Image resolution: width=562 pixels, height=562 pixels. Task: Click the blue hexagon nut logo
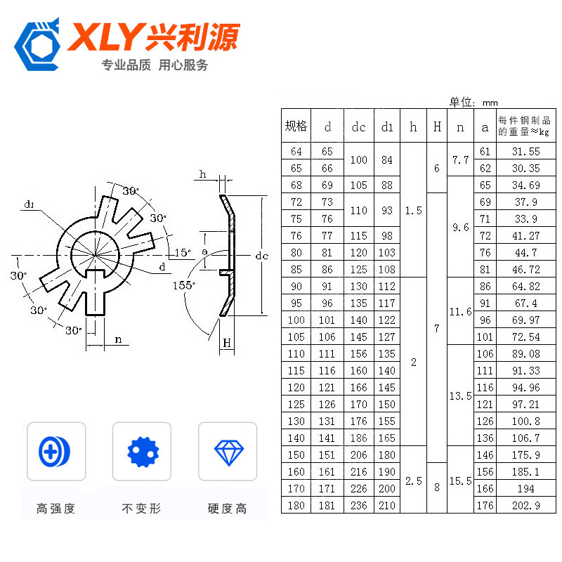pos(37,45)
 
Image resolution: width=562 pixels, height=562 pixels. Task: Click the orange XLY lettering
pos(106,37)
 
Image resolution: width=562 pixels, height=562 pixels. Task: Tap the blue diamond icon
pos(229,452)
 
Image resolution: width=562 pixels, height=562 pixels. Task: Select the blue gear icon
pos(143,452)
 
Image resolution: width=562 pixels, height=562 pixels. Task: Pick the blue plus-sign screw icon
pos(55,452)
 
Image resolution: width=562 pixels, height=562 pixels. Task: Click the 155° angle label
pos(184,285)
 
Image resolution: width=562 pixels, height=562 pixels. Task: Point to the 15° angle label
pos(183,252)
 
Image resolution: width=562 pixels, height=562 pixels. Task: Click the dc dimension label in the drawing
pos(261,256)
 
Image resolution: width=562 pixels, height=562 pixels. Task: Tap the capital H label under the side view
pos(227,343)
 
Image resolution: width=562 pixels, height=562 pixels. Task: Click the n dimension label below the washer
pos(118,339)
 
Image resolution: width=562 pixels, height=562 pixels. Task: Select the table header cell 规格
pos(296,126)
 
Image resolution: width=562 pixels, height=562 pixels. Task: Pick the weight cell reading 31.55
pos(525,151)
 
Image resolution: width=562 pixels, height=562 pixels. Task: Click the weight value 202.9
pos(525,505)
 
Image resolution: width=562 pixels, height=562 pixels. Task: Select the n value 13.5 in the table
pos(461,396)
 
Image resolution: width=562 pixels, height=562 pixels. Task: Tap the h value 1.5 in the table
pos(413,210)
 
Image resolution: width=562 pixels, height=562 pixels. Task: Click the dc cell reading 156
pos(359,354)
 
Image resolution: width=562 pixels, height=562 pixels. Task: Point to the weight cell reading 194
pos(525,488)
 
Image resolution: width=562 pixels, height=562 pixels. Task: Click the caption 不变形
pos(142,508)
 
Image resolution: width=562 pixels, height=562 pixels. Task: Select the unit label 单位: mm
pos(473,102)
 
